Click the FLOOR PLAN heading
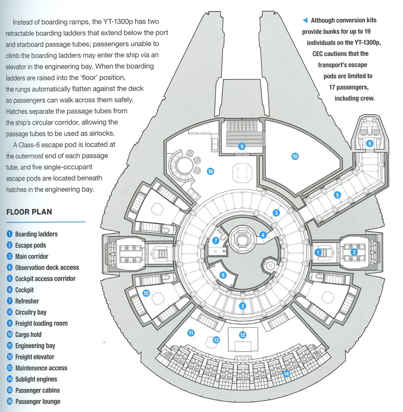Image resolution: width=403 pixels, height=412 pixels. click(x=29, y=212)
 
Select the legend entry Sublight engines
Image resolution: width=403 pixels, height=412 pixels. click(x=36, y=379)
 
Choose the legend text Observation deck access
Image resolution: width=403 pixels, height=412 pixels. click(x=47, y=267)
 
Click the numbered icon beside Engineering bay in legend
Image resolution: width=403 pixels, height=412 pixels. click(x=10, y=346)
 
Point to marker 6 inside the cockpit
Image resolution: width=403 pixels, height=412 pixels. click(x=369, y=144)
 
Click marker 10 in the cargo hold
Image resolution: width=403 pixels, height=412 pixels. click(x=295, y=157)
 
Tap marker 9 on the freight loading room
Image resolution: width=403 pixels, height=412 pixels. click(x=242, y=147)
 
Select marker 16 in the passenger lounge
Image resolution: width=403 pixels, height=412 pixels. click(x=210, y=171)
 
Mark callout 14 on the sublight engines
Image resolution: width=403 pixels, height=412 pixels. click(x=286, y=374)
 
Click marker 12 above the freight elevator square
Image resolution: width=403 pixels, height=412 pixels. click(x=243, y=335)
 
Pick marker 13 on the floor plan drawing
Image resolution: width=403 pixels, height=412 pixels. click(x=216, y=340)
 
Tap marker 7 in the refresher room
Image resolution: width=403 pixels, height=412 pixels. click(x=216, y=241)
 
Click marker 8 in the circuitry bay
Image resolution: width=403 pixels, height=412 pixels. click(x=223, y=275)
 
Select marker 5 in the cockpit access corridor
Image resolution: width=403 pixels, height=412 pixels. click(x=337, y=195)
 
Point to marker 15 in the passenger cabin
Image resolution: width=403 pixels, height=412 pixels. click(x=146, y=293)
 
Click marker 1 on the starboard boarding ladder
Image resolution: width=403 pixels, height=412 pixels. click(x=318, y=252)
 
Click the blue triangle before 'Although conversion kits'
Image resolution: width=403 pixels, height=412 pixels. click(x=305, y=21)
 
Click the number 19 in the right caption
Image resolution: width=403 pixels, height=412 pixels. click(x=367, y=32)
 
